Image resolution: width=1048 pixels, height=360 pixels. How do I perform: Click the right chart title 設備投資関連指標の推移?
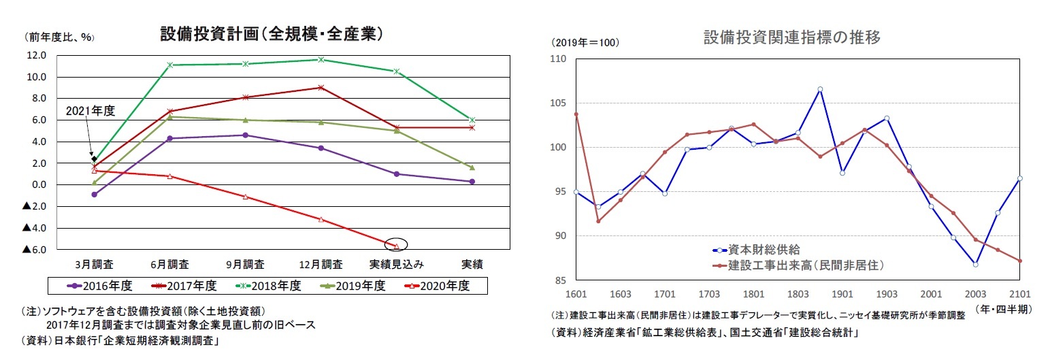point(792,38)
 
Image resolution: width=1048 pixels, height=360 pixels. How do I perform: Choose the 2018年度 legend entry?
point(273,286)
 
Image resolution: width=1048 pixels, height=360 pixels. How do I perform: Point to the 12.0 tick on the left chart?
point(36,55)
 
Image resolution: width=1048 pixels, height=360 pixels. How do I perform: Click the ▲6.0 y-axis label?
point(34,250)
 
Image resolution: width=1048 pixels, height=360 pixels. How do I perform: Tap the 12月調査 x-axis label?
point(321,264)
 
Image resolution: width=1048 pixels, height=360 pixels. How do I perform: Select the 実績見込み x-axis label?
point(397,264)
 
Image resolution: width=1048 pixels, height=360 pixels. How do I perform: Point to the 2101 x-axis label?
point(1020,293)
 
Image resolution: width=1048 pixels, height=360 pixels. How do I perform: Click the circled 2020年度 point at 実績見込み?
point(396,246)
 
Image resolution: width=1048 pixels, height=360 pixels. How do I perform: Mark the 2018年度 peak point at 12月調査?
point(321,59)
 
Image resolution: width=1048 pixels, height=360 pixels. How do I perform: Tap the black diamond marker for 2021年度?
point(94,159)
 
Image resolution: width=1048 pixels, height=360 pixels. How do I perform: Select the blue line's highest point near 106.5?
point(820,89)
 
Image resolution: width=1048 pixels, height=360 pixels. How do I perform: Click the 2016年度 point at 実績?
point(472,181)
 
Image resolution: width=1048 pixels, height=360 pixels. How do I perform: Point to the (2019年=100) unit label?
point(585,42)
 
